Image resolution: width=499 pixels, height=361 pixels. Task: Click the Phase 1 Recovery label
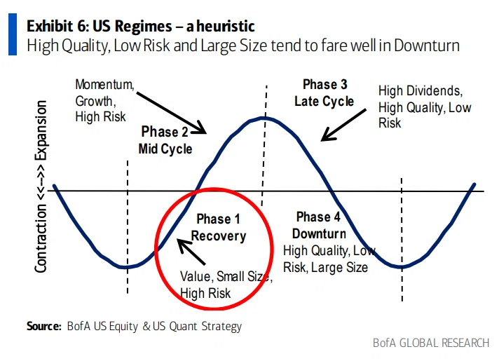click(x=219, y=228)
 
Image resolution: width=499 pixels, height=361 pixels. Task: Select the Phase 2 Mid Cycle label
click(x=165, y=140)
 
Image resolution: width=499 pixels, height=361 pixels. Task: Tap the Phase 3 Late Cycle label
click(x=324, y=93)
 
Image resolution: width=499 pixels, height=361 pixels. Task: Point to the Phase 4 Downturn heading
click(x=319, y=226)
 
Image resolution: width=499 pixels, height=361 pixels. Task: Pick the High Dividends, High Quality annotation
click(x=425, y=107)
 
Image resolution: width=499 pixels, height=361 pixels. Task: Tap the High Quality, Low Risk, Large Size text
click(x=329, y=259)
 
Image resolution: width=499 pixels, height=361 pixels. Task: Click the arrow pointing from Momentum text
click(x=172, y=113)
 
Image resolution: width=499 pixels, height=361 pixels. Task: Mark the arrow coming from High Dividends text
click(x=343, y=125)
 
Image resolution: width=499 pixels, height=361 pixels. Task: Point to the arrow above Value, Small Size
click(x=191, y=252)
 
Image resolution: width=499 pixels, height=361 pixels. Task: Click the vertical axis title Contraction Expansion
click(x=41, y=186)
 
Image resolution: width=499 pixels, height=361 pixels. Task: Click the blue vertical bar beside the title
click(x=13, y=34)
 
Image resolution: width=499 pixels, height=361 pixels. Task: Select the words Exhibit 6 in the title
click(x=56, y=26)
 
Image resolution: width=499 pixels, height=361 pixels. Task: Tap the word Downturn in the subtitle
click(x=427, y=45)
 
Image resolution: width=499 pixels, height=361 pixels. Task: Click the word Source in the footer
click(x=44, y=326)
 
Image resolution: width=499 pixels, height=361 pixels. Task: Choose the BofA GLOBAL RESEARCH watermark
click(x=431, y=343)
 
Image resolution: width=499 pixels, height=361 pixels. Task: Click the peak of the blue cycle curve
click(x=264, y=118)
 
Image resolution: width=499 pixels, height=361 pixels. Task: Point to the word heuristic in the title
click(x=226, y=26)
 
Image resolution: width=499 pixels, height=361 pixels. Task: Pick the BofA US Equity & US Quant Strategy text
click(x=154, y=327)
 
